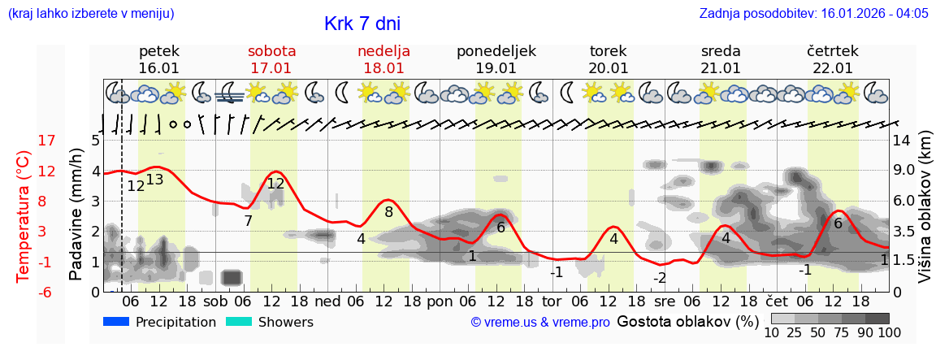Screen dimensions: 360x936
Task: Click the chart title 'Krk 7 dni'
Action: pos(362,24)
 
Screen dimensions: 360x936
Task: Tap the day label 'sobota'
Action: pos(271,51)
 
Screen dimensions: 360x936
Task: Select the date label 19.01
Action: pos(496,68)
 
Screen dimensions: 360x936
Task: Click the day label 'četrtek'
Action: pos(832,51)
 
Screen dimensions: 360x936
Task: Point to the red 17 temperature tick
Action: pos(46,141)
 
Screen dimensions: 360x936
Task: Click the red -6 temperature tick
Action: pos(46,293)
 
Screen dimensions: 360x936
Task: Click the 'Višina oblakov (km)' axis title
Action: pos(925,216)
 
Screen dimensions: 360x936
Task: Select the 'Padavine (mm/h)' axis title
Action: pos(76,215)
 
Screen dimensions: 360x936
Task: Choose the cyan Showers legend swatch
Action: pos(238,322)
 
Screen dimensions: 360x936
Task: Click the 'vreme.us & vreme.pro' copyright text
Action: pos(539,323)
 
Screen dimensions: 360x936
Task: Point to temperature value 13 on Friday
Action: pos(154,180)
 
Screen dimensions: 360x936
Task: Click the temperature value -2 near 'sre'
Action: pos(660,278)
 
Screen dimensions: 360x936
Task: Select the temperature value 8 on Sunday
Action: pos(389,212)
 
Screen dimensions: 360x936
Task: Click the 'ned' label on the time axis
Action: pos(327,301)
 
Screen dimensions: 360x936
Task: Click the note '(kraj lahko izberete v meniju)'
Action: pos(90,14)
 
